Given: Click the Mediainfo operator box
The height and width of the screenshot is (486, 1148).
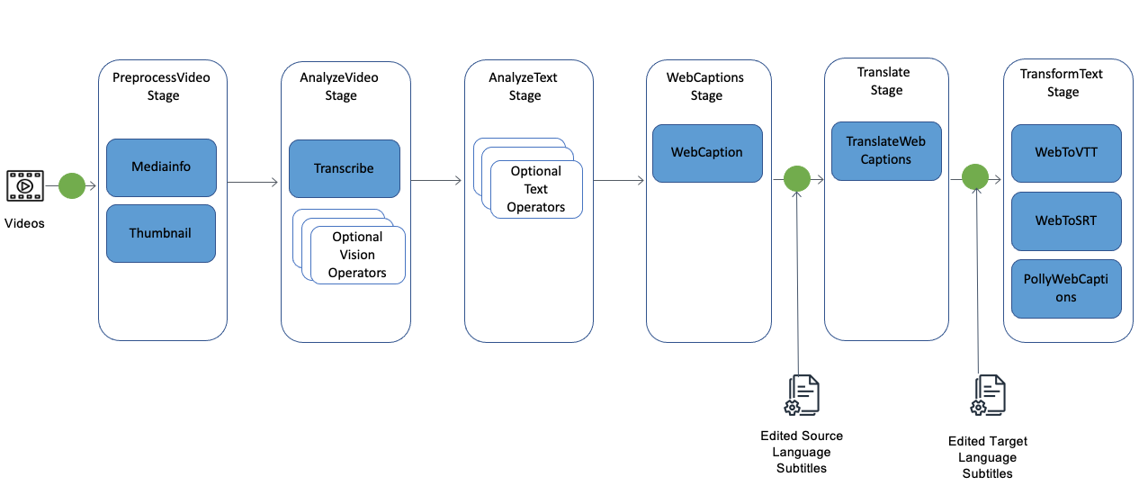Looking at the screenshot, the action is [x=161, y=167].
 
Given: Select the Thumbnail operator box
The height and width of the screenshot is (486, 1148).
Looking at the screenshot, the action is [x=161, y=233].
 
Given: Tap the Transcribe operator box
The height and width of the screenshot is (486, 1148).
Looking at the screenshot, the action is [x=345, y=168].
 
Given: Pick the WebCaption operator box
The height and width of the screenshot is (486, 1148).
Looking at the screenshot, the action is [x=707, y=153].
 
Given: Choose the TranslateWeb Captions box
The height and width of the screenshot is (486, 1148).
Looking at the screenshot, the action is [x=886, y=151].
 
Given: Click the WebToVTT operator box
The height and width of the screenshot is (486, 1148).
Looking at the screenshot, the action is [x=1066, y=153].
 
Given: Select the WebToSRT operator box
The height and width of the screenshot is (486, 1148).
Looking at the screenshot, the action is [x=1066, y=221].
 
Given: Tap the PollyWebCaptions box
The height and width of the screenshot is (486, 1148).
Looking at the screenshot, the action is [x=1066, y=289].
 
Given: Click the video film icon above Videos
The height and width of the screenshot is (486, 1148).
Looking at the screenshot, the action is [x=25, y=185].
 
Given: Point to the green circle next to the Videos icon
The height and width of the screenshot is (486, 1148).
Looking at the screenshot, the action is [x=72, y=185].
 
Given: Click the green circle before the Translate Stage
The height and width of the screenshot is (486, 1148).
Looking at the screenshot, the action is [x=797, y=179].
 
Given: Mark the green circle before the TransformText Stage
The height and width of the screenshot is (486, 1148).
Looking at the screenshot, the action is [x=975, y=177].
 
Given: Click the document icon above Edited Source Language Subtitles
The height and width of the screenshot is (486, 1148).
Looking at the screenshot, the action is [x=802, y=395].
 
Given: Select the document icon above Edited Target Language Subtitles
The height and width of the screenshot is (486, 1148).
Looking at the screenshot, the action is [x=988, y=395].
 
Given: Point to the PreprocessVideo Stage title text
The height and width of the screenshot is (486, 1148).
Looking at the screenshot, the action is [x=161, y=86].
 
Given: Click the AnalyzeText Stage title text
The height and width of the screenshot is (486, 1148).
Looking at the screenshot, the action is [x=524, y=86].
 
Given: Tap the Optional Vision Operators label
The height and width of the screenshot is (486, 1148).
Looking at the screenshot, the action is [x=357, y=255].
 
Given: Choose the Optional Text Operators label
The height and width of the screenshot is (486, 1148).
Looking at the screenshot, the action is [x=536, y=189].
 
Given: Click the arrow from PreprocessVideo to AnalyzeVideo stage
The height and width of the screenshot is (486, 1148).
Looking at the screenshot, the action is [x=253, y=182].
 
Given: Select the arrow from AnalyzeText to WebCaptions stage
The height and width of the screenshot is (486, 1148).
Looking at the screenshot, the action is [x=619, y=181].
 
